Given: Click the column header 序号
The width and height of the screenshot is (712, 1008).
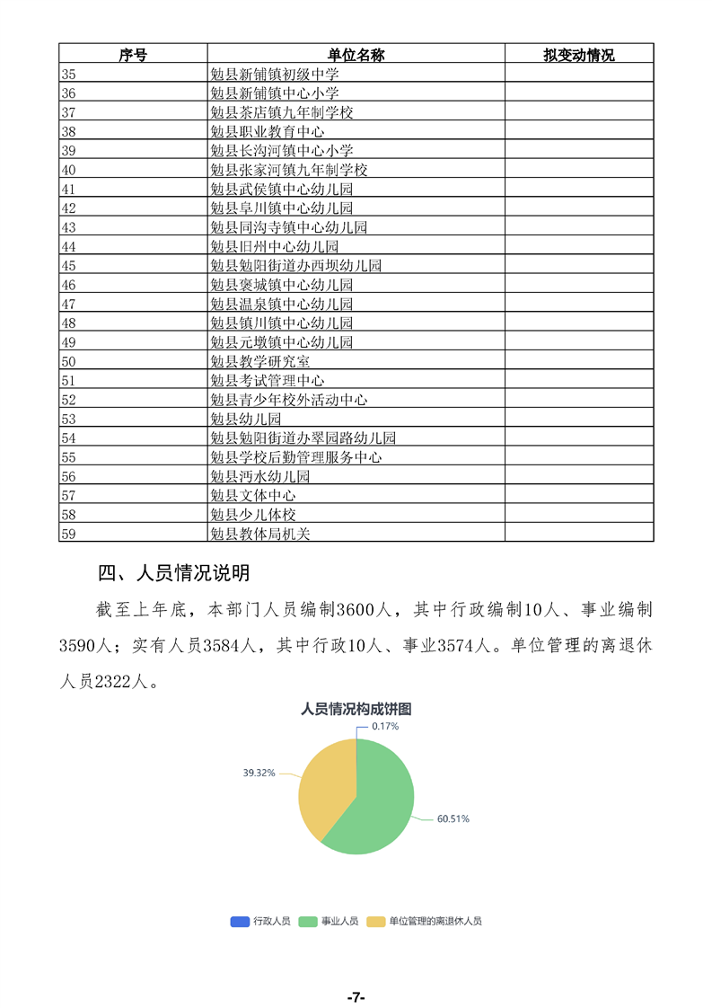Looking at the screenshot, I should tap(133, 55).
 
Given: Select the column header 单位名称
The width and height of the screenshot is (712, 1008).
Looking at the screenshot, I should tap(356, 55).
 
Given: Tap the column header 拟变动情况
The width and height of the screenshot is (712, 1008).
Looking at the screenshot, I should tap(578, 55).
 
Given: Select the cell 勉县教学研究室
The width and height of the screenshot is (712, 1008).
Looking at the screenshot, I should tap(259, 361).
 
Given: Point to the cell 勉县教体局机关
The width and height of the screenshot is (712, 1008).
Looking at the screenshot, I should tap(259, 534).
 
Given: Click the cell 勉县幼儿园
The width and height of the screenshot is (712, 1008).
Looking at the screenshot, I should tap(245, 419).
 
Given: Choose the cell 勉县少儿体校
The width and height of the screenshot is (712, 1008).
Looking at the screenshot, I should tap(252, 515).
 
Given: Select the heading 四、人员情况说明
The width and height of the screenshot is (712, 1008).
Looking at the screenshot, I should tap(173, 573).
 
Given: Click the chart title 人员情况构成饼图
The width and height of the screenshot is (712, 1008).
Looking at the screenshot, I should tap(356, 709).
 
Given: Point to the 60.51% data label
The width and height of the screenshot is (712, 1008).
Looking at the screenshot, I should tap(453, 818).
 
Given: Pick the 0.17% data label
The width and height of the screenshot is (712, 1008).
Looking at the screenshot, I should tap(385, 725).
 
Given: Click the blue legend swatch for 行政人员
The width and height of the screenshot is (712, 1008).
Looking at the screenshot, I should tap(240, 921).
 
